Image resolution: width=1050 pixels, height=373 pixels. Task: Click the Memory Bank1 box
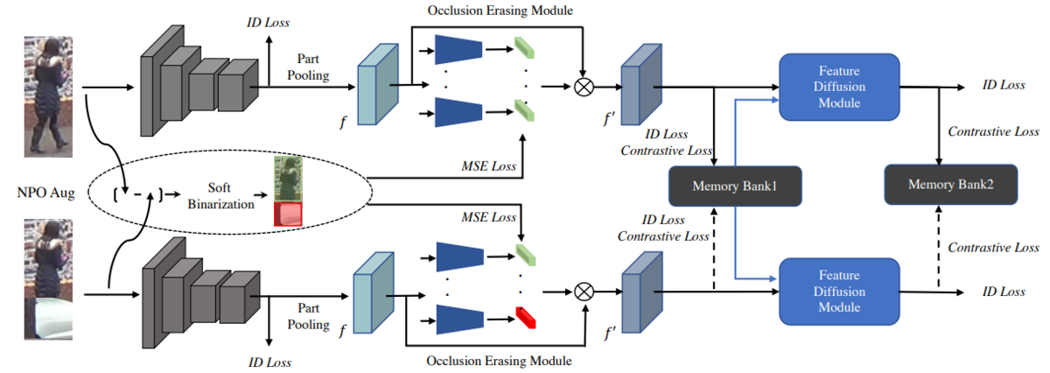(x=734, y=186)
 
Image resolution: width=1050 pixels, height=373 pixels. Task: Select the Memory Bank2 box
(x=950, y=185)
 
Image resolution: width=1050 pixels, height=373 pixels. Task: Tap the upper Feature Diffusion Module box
(x=839, y=87)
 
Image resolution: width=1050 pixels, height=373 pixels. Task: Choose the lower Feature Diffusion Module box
(x=839, y=292)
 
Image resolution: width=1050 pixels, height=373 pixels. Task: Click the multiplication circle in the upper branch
(x=584, y=87)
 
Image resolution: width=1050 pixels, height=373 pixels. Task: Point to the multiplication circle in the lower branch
(x=584, y=292)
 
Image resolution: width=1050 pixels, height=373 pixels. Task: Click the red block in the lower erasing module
(x=526, y=318)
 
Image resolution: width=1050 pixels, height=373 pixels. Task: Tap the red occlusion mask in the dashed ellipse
(x=288, y=215)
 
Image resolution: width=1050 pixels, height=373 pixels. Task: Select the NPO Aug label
(x=45, y=193)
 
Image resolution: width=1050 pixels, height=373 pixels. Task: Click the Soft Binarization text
(x=220, y=195)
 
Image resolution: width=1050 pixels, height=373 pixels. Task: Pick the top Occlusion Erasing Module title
(x=500, y=11)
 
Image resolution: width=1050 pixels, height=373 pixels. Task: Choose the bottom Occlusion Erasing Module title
(x=499, y=361)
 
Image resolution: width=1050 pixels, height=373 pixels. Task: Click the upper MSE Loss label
(x=488, y=166)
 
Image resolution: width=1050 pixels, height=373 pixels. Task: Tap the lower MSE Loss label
(x=488, y=217)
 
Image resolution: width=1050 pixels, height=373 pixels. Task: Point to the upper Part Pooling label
(x=308, y=67)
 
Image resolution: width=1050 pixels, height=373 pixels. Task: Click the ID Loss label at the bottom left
(x=269, y=362)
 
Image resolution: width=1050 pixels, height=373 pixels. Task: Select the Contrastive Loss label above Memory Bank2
(x=993, y=131)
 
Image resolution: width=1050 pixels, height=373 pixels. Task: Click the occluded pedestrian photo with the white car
(x=48, y=279)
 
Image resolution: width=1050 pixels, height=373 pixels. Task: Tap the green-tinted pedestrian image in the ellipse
(x=288, y=179)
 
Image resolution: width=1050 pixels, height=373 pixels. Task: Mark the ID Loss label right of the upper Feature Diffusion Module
(x=1004, y=85)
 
